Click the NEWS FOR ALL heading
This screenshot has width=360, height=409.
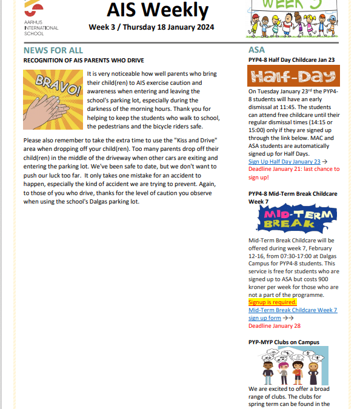click(x=53, y=50)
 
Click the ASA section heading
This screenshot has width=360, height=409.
click(x=256, y=50)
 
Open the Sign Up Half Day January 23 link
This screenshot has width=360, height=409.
click(x=284, y=162)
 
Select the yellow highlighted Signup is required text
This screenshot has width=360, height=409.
click(x=272, y=302)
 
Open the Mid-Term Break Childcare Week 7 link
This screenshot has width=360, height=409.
click(x=293, y=310)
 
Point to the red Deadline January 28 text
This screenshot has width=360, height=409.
click(x=275, y=325)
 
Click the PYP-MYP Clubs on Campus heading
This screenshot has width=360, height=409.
click(x=284, y=342)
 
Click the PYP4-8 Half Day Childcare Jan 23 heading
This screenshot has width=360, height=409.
click(x=292, y=60)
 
